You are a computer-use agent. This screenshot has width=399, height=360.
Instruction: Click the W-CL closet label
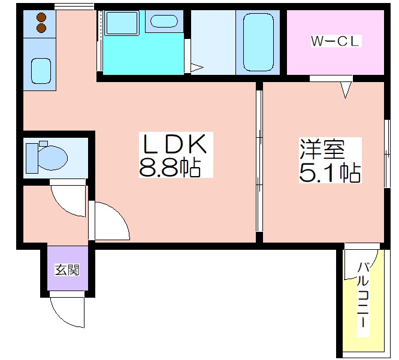coord(335,41)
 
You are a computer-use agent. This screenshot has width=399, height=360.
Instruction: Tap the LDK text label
coord(174,144)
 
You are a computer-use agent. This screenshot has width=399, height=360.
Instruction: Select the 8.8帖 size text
coord(170,167)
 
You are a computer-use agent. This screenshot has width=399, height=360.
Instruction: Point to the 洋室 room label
coord(322,149)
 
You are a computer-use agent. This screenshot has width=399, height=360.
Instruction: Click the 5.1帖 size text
coord(330,173)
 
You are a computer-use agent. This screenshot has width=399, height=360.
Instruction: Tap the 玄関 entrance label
coord(67,270)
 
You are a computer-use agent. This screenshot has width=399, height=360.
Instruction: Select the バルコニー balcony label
coord(364,295)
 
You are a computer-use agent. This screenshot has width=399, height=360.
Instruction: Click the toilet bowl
coord(53,158)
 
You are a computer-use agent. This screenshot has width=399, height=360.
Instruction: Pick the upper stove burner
coord(41,17)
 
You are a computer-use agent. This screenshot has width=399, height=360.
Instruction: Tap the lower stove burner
coord(41,28)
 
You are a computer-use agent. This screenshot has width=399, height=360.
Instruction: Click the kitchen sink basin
coord(41,71)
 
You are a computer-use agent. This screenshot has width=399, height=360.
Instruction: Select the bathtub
coord(259,43)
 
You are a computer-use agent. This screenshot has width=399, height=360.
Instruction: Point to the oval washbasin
coord(164,21)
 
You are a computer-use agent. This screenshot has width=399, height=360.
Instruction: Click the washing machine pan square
coord(122,23)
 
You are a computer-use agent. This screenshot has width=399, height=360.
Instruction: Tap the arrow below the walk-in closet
coord(345,90)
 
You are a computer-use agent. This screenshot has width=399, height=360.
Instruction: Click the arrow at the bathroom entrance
coord(197,68)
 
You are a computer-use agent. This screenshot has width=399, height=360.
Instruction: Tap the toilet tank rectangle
coord(32,158)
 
